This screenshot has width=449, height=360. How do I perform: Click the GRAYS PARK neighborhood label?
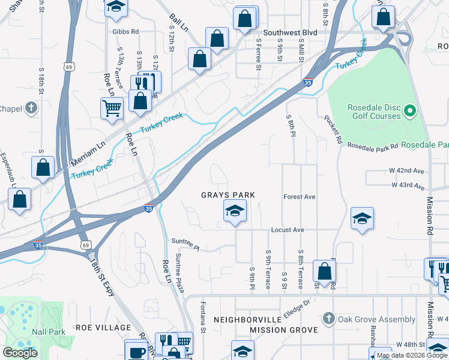(x=228, y=196)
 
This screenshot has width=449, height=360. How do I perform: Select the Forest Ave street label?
(x=300, y=196)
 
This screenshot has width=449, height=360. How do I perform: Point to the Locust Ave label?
(x=288, y=230)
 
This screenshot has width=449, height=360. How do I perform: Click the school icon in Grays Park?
(x=235, y=211)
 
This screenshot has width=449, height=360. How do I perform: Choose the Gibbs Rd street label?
(x=125, y=32)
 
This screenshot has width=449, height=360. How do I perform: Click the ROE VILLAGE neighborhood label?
(x=103, y=328)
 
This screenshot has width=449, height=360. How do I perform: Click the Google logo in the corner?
(x=20, y=353)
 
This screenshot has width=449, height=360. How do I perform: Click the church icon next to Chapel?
(x=32, y=109)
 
